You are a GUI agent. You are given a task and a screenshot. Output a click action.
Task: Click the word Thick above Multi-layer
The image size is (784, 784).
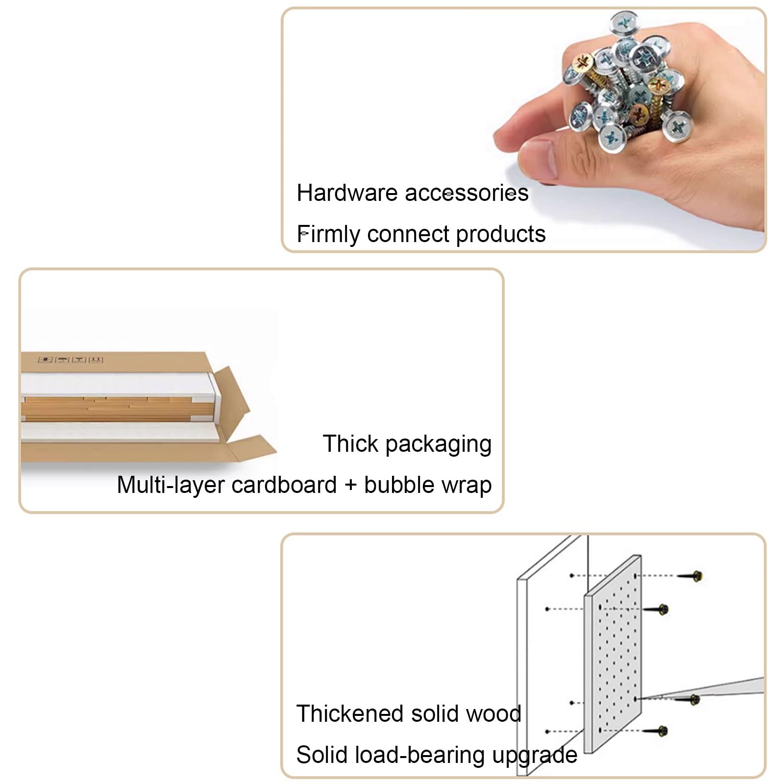[351, 444]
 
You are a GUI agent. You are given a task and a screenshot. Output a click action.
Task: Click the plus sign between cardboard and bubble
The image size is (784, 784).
[350, 486]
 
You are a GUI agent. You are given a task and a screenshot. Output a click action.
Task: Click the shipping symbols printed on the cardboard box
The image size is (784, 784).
[71, 360]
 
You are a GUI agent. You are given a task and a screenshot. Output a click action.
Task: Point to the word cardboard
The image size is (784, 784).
[284, 485]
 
